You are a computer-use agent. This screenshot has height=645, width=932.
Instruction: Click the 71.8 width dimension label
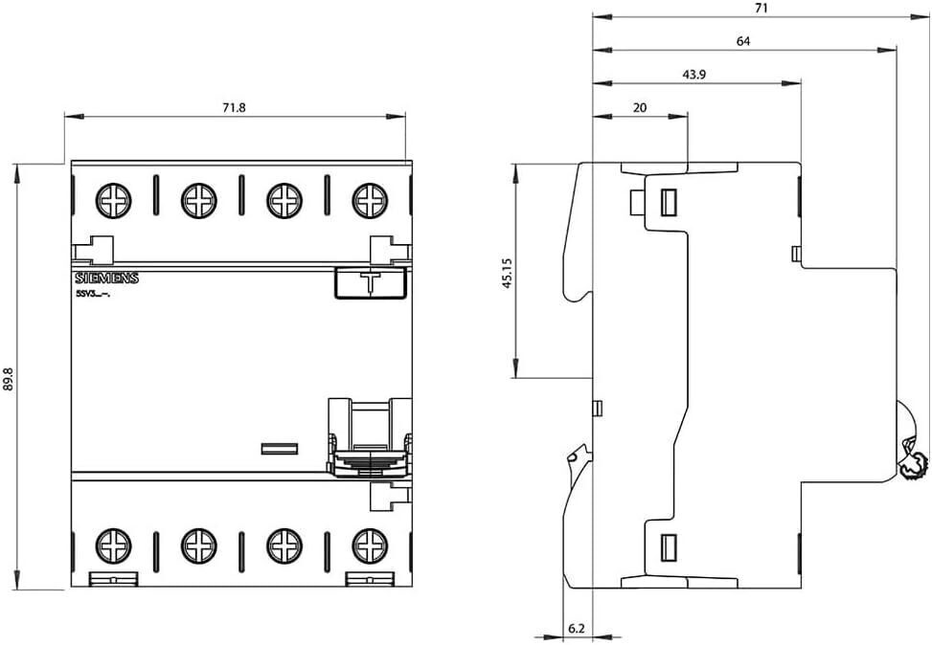[x=235, y=108]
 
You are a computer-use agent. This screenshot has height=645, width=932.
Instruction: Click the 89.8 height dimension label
[x=9, y=380]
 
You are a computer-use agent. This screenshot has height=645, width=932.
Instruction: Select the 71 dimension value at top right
[x=761, y=8]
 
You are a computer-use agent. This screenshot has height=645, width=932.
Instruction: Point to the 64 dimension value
[x=743, y=41]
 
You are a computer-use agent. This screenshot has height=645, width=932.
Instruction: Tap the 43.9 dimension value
[x=694, y=75]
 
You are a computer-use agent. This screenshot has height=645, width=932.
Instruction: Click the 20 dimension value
[x=640, y=108]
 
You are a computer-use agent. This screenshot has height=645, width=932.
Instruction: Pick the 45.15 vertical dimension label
[x=508, y=272]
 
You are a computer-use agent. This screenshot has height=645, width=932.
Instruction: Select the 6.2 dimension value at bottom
[x=576, y=628]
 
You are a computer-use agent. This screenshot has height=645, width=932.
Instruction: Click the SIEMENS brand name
[x=106, y=278]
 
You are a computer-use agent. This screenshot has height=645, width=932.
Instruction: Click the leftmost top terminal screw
[x=113, y=200]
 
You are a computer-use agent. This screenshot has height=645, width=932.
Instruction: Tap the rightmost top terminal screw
[x=369, y=200]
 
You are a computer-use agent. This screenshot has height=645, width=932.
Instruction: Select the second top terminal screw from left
[x=198, y=200]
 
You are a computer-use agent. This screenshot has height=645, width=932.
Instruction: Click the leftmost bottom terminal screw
[x=113, y=545]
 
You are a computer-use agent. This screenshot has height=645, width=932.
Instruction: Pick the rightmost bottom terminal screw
[x=369, y=545]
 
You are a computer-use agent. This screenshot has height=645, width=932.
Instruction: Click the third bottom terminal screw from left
[x=284, y=545]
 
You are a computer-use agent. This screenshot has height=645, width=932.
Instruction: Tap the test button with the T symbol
[x=369, y=283]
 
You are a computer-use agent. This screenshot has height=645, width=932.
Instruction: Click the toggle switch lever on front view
[x=369, y=435]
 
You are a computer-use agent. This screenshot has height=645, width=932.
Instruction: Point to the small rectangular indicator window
[x=280, y=448]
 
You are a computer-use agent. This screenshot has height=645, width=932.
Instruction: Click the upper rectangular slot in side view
[x=668, y=202]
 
